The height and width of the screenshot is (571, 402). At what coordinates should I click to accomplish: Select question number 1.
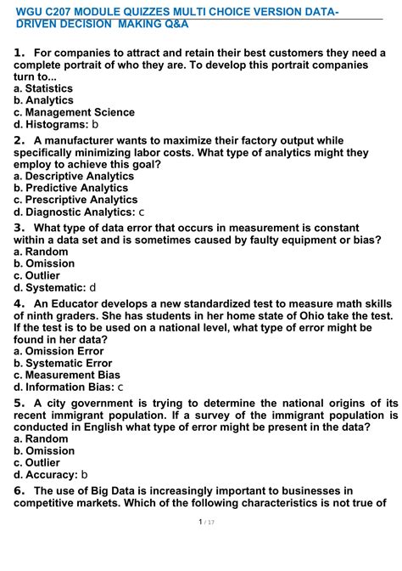coord(20,53)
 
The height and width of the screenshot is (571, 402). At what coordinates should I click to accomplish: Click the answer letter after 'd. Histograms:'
coord(95,124)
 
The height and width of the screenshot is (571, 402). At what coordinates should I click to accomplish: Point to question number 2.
coord(20,140)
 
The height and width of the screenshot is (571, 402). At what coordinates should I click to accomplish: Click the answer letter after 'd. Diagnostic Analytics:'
coord(142,212)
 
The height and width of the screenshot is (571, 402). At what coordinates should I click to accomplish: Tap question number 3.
coord(20,228)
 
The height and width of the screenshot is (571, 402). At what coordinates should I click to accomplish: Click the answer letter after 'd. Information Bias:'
coord(120,387)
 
